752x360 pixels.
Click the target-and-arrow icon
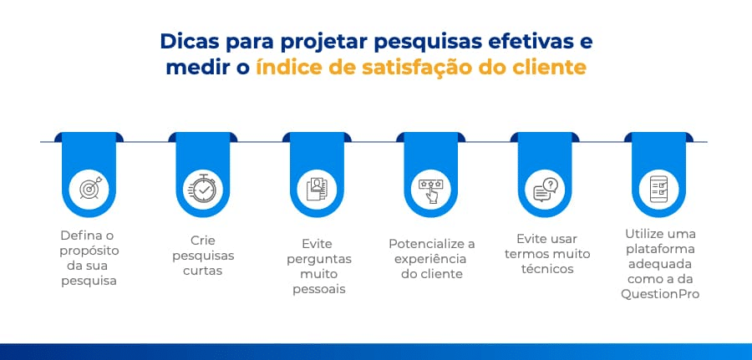89,188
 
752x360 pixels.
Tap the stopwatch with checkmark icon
202,188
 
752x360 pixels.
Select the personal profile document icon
317,189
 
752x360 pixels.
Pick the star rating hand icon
430,190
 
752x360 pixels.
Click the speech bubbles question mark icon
546,189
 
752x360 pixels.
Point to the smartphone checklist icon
658,189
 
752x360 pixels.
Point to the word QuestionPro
660,294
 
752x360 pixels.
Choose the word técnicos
547,268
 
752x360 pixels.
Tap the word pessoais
319,289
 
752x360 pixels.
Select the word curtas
203,271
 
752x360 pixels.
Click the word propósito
89,251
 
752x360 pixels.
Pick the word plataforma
659,249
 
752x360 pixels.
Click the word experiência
431,259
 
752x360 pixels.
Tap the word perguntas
319,259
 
